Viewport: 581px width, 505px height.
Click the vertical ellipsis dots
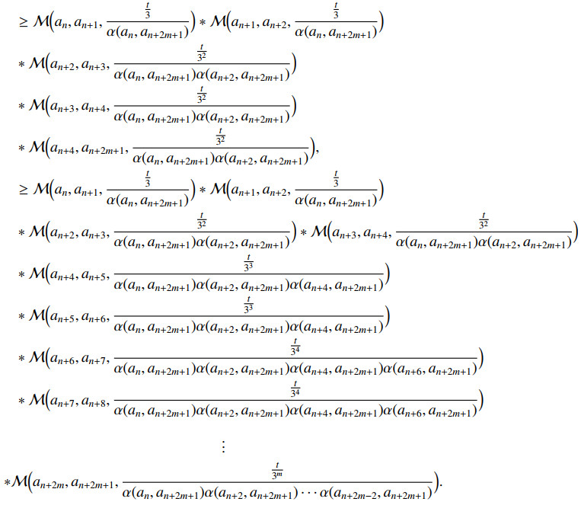pos(223,446)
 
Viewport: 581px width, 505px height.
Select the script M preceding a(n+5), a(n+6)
pos(35,314)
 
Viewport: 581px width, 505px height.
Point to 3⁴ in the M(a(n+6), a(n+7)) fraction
pos(297,351)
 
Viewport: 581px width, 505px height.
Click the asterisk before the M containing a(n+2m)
pos(7,483)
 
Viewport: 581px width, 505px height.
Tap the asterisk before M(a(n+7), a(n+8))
pos(22,399)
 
